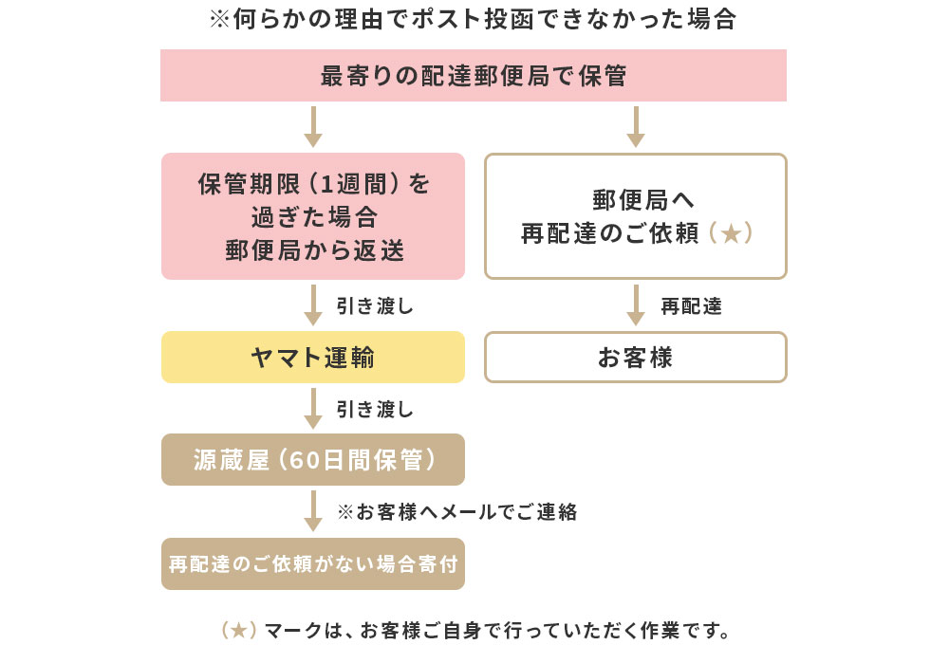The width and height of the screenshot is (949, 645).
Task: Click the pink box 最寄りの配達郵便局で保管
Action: pyautogui.click(x=474, y=76)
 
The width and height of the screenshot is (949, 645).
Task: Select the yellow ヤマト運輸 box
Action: pyautogui.click(x=313, y=358)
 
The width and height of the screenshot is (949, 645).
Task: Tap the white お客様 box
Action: pyautogui.click(x=636, y=358)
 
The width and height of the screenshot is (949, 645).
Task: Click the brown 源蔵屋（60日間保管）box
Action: pyautogui.click(x=313, y=460)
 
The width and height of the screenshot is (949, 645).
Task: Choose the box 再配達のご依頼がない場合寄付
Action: pyautogui.click(x=313, y=564)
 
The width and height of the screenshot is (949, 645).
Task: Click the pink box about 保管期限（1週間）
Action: pyautogui.click(x=313, y=216)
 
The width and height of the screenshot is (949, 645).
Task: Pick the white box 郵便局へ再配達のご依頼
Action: pyautogui.click(x=636, y=216)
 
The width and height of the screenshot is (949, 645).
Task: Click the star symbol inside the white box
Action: pyautogui.click(x=730, y=233)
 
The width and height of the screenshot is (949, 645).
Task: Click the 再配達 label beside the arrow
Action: pyautogui.click(x=691, y=306)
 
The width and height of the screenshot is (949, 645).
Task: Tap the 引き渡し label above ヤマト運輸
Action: pyautogui.click(x=375, y=306)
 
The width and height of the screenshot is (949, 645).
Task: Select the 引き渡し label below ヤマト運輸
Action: pyautogui.click(x=375, y=409)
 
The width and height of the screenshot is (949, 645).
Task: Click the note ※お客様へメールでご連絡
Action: pyautogui.click(x=456, y=512)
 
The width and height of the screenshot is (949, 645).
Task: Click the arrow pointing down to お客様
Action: pyautogui.click(x=636, y=305)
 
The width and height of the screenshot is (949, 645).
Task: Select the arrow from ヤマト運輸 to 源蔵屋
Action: pyautogui.click(x=313, y=408)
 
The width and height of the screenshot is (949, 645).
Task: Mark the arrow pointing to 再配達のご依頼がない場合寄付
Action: pyautogui.click(x=313, y=511)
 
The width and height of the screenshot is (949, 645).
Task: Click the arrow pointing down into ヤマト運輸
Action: pyautogui.click(x=313, y=305)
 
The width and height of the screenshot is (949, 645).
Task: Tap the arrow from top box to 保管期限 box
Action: pyautogui.click(x=313, y=127)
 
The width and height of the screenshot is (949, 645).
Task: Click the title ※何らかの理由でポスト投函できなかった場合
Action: pyautogui.click(x=473, y=20)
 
